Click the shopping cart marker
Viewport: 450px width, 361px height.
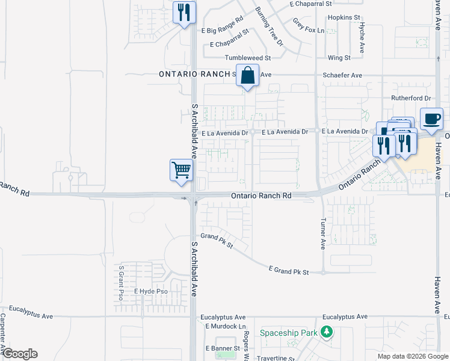coord(181,170)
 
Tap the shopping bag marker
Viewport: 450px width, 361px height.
coord(247,76)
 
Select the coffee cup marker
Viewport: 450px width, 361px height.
coord(431,119)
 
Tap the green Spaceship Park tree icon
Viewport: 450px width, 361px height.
coord(327,332)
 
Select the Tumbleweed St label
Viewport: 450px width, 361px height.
coord(248,58)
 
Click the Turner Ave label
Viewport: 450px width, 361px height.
coord(323,233)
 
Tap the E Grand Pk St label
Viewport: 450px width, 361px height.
coord(288,272)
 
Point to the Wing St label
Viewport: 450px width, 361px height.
coord(339,58)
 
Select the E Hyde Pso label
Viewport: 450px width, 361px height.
coord(150,291)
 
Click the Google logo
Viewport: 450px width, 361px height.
coord(20,354)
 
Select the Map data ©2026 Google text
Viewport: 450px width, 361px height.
coord(412,356)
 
